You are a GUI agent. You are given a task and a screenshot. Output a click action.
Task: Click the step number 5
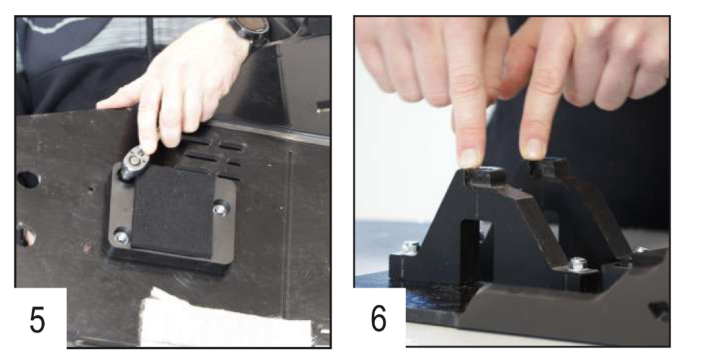[38, 319]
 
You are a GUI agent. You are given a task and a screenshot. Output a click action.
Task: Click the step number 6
[378, 319]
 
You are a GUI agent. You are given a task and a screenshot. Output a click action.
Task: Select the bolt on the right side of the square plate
[221, 209]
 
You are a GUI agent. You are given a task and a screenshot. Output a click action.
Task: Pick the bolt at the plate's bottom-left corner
[121, 237]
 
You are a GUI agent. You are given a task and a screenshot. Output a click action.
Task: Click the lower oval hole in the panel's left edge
[26, 235]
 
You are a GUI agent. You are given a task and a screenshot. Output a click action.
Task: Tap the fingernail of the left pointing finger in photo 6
[469, 157]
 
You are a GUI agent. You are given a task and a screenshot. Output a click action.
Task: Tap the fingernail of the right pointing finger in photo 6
[534, 148]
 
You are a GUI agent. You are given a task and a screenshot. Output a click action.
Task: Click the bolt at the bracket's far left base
[410, 248]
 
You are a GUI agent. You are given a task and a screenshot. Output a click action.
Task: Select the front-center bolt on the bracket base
[578, 263]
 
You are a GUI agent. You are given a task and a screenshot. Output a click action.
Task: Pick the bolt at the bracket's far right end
[640, 249]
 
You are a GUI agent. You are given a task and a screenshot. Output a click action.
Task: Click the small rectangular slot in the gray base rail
[659, 310]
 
